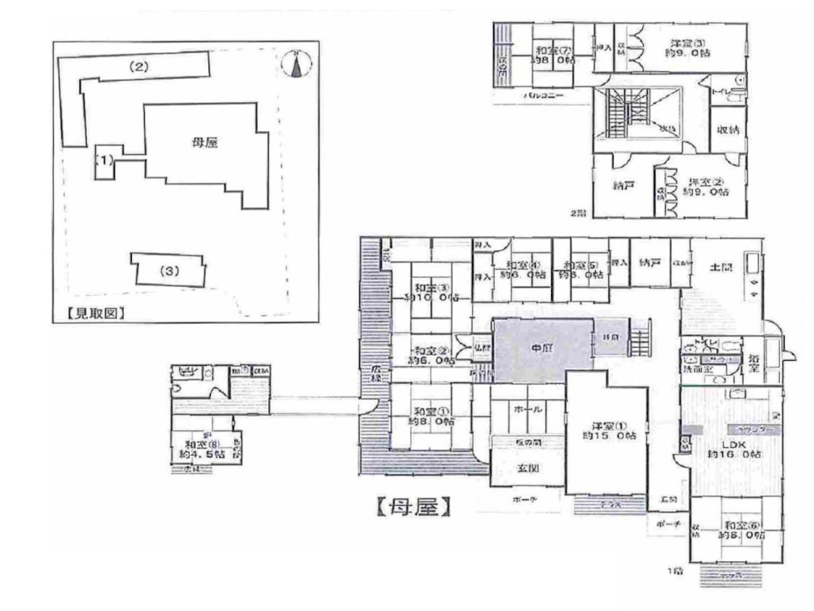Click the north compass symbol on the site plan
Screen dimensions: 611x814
pyautogui.click(x=297, y=64)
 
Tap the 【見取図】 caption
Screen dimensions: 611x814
pyautogui.click(x=90, y=312)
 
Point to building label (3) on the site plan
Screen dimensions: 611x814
pyautogui.click(x=168, y=270)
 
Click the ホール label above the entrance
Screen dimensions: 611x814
pyautogui.click(x=527, y=411)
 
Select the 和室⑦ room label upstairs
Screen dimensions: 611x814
pyautogui.click(x=552, y=55)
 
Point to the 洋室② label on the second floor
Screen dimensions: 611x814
pyautogui.click(x=707, y=187)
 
